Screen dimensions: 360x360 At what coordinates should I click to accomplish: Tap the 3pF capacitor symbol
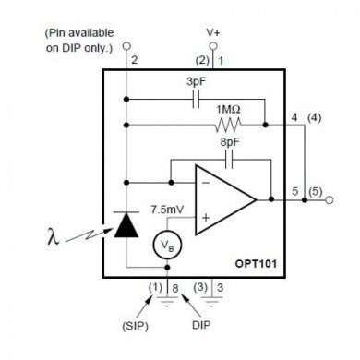point(196,100)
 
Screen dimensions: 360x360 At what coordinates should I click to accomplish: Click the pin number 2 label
point(135,60)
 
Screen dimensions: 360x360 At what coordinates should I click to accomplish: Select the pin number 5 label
point(295,190)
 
